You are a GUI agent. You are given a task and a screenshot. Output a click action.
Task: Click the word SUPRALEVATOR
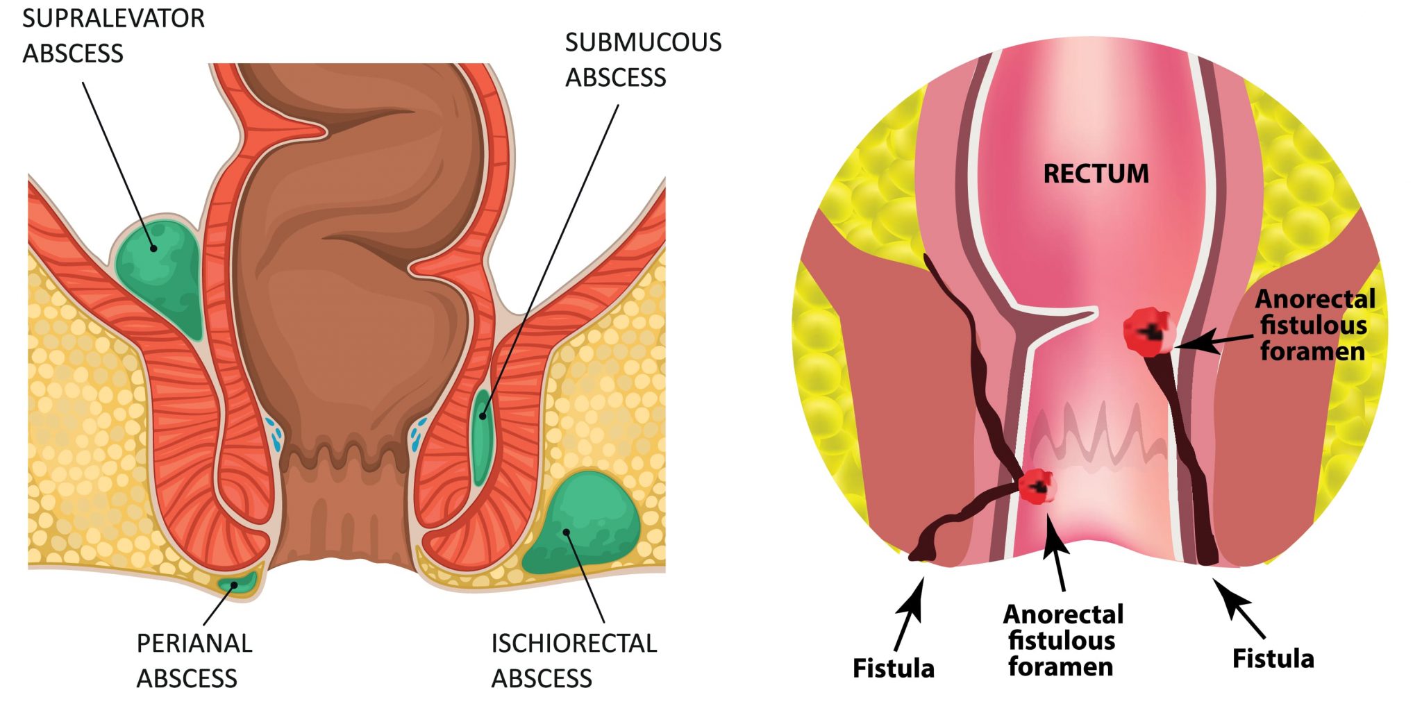pyautogui.click(x=113, y=19)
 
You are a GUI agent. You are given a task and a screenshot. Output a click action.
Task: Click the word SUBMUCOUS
pyautogui.click(x=643, y=43)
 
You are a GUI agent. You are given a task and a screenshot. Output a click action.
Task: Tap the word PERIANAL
pyautogui.click(x=194, y=644)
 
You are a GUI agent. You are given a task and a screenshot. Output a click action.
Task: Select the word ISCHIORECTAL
pyautogui.click(x=574, y=644)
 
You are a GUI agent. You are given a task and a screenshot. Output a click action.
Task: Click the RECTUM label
pyautogui.click(x=1096, y=174)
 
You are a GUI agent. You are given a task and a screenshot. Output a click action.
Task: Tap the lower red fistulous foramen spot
pyautogui.click(x=1037, y=486)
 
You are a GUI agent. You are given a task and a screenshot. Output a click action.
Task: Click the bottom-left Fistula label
pyautogui.click(x=893, y=669)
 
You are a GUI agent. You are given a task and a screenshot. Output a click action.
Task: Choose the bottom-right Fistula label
pyautogui.click(x=1273, y=659)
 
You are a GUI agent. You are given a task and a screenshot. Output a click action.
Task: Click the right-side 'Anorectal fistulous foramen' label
pyautogui.click(x=1314, y=325)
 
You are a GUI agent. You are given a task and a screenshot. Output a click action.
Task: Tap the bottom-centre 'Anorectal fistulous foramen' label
pyautogui.click(x=1062, y=640)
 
